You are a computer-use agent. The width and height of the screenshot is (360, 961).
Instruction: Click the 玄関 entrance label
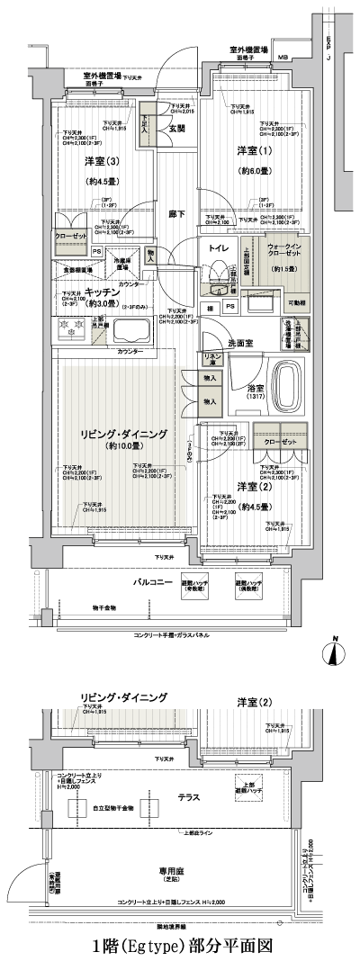pos(177,128)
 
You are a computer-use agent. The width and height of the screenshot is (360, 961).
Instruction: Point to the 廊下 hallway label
pos(176,215)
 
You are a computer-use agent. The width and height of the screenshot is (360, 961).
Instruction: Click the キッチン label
pos(103,292)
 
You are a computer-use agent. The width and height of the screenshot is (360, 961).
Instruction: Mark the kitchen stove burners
pos(71,333)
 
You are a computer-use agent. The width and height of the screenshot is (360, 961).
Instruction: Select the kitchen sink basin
pos(130,334)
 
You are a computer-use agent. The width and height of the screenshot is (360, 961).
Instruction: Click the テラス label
pos(188,797)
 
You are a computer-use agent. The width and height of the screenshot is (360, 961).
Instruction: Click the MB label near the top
pos(283,58)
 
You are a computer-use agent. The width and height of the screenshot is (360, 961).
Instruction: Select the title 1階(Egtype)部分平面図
pos(180,948)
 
